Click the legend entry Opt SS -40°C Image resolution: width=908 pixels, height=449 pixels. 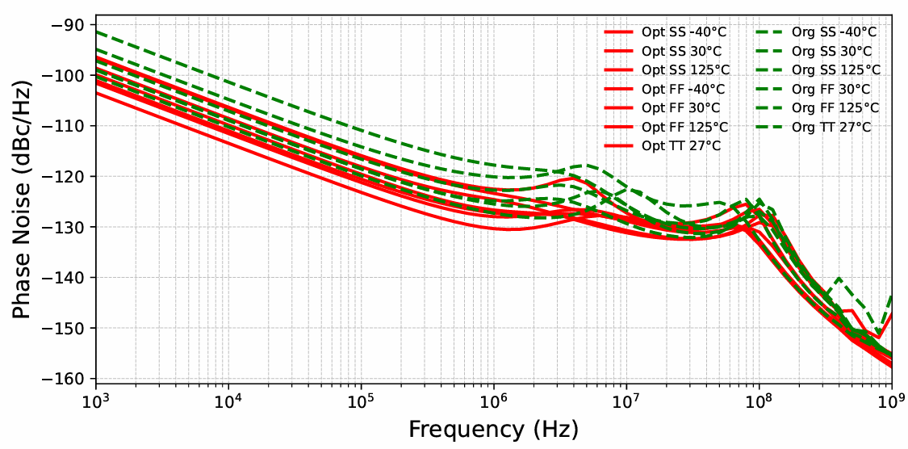pyautogui.click(x=684, y=32)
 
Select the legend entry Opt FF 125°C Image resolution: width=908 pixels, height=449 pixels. pyautogui.click(x=684, y=127)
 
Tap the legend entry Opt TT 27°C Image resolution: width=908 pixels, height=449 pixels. pyautogui.click(x=681, y=146)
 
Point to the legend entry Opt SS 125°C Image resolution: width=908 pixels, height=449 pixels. pyautogui.click(x=684, y=70)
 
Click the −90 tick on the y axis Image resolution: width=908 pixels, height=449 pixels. pyautogui.click(x=71, y=25)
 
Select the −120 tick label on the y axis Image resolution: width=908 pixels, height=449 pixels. pyautogui.click(x=68, y=177)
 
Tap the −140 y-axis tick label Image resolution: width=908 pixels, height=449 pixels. pyautogui.click(x=68, y=278)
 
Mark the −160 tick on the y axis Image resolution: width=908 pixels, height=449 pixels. pyautogui.click(x=68, y=379)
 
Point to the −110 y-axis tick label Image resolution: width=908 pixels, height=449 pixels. pyautogui.click(x=68, y=126)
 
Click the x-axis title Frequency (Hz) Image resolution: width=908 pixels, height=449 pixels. pyautogui.click(x=493, y=429)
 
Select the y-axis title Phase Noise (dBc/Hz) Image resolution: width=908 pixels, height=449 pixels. pyautogui.click(x=22, y=199)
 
